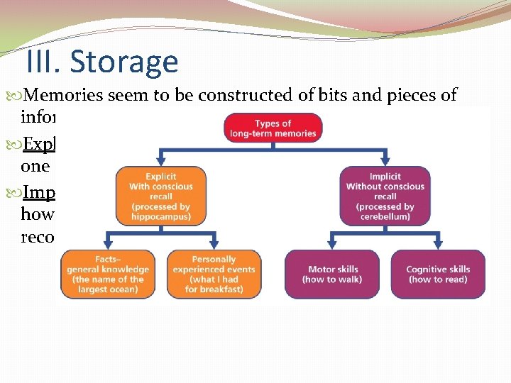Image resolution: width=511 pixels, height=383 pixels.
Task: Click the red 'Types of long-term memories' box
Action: [273, 128]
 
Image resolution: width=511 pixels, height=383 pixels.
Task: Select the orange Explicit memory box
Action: [160, 196]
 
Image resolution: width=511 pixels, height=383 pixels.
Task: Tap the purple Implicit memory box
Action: [385, 196]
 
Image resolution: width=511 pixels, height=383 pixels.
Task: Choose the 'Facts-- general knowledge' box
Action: [108, 274]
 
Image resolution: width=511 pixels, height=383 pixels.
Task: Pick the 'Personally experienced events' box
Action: [214, 274]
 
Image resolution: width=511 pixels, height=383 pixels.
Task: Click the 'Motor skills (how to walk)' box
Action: [333, 274]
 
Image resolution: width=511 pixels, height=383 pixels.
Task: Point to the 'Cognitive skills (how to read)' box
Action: [437, 274]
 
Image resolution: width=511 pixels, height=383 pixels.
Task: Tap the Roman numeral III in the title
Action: [44, 62]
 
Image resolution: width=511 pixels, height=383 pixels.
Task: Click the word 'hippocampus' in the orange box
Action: [160, 217]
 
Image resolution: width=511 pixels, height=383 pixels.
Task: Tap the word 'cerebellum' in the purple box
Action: [385, 217]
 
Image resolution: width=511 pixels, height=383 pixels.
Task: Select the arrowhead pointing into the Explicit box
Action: [160, 162]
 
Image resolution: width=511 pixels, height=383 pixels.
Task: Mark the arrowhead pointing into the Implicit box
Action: [385, 162]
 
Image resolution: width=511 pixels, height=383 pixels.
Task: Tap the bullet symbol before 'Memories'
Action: [18, 96]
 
